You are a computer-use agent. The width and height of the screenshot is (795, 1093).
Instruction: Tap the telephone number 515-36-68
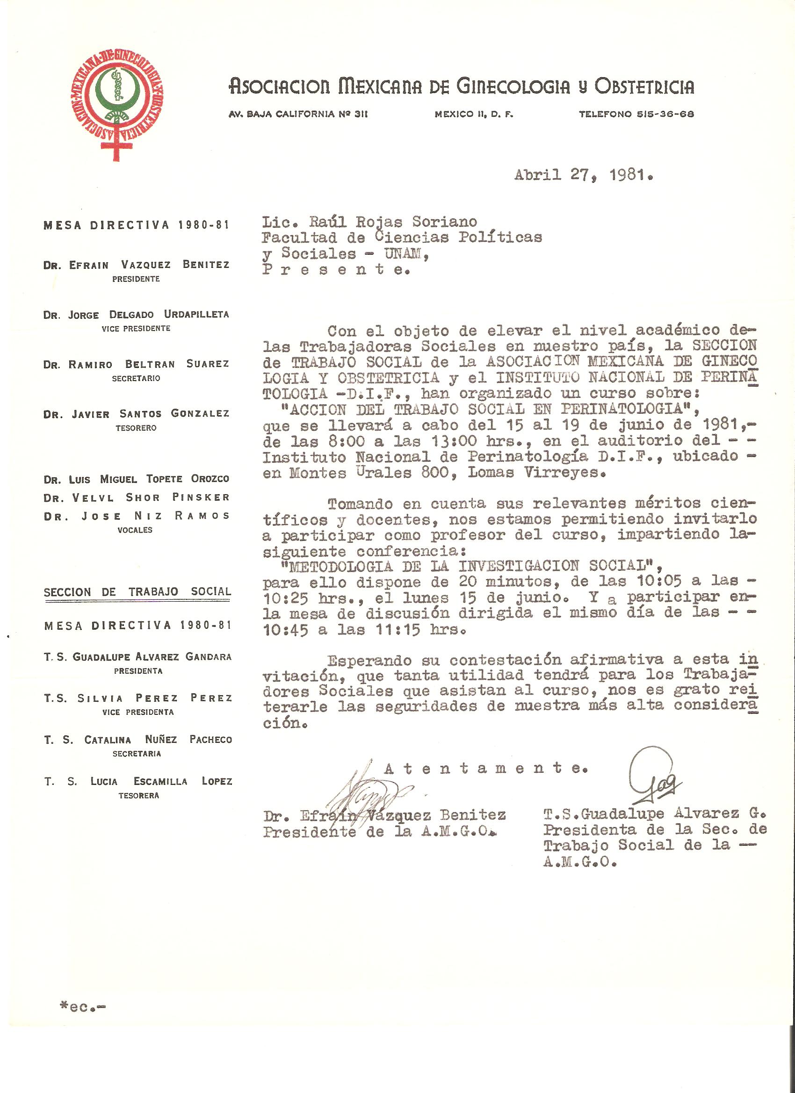pyautogui.click(x=636, y=114)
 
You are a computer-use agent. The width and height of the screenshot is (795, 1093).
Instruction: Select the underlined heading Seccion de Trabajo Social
pyautogui.click(x=137, y=592)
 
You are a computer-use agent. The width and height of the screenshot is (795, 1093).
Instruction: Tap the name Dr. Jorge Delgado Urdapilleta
pyautogui.click(x=136, y=315)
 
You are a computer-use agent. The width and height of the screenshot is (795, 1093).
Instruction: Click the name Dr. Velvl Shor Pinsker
pyautogui.click(x=136, y=497)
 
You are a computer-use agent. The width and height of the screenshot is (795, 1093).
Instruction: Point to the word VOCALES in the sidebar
pyautogui.click(x=135, y=530)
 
